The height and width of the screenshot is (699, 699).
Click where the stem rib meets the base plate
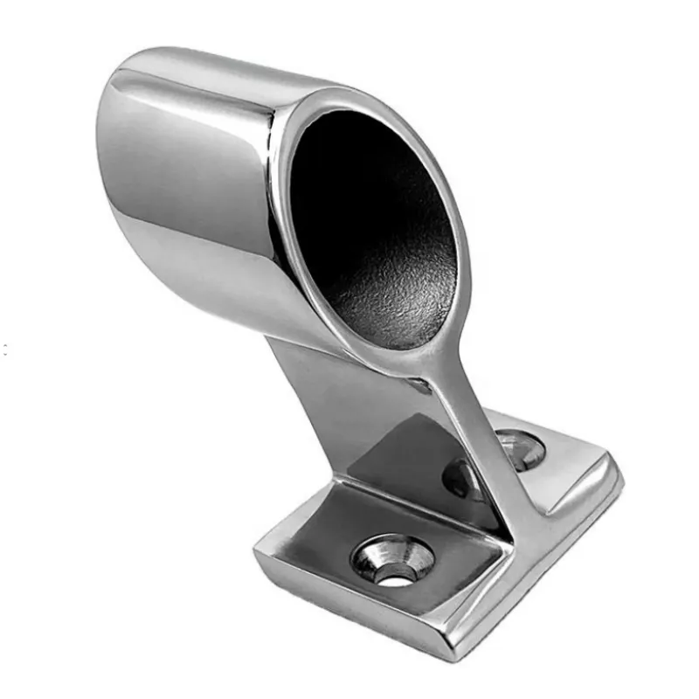[516, 533]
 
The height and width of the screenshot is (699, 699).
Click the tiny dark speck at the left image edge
[4, 349]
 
